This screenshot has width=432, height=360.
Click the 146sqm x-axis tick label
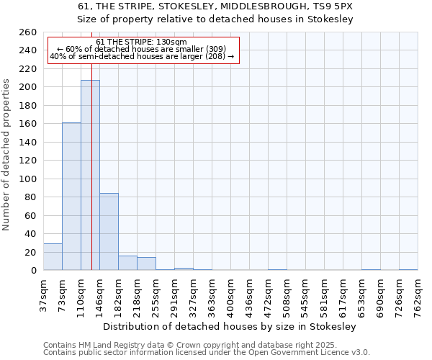click(x=99, y=294)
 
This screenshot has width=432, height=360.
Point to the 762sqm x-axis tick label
click(x=418, y=294)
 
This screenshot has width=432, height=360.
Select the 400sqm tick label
click(x=230, y=294)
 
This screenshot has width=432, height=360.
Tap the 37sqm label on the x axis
click(x=43, y=294)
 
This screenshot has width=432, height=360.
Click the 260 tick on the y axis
click(x=28, y=32)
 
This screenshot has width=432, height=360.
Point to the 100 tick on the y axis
click(x=28, y=179)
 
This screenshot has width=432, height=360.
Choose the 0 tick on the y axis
click(x=33, y=271)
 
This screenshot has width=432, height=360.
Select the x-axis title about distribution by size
click(x=230, y=326)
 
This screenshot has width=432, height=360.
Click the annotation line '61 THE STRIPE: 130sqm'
click(x=142, y=42)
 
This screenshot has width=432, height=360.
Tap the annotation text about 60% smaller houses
click(x=142, y=49)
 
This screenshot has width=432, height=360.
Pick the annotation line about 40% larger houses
click(x=142, y=56)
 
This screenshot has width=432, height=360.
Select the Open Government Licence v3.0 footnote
click(x=207, y=352)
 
